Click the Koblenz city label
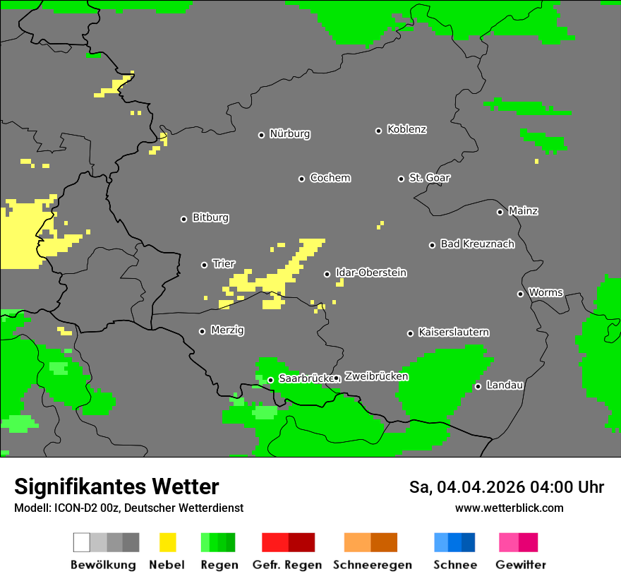click(x=406, y=130)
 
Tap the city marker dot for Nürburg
click(x=261, y=135)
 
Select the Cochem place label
click(x=330, y=178)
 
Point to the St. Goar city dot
click(x=401, y=179)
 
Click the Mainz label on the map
click(x=523, y=211)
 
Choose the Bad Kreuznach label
click(x=477, y=244)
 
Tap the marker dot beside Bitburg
click(x=183, y=219)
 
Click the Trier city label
click(x=224, y=264)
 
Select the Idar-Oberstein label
click(x=371, y=273)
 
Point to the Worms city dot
click(x=520, y=294)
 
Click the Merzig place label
click(x=227, y=330)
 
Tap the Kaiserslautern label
click(x=454, y=333)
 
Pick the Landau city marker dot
click(x=478, y=386)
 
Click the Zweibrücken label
click(x=376, y=377)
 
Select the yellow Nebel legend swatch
click(x=167, y=542)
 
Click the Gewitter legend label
click(x=520, y=565)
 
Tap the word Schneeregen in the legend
click(x=372, y=565)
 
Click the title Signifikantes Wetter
click(x=116, y=486)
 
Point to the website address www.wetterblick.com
click(x=509, y=508)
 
